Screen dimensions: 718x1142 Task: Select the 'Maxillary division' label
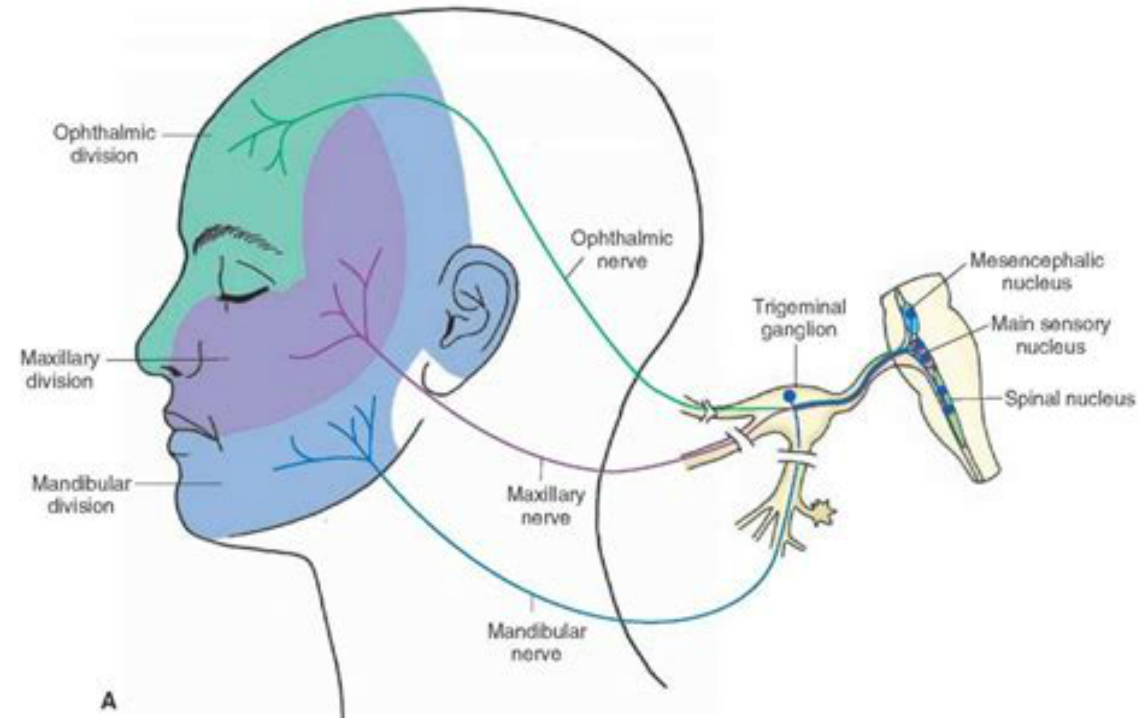tap(60, 370)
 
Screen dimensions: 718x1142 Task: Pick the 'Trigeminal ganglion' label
tap(799, 318)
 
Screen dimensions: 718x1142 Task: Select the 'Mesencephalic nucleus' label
tap(1037, 271)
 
